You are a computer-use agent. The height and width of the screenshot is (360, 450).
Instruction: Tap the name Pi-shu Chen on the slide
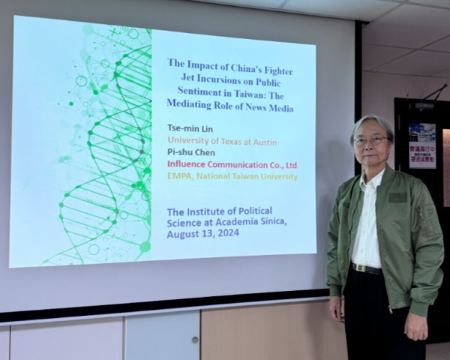(190, 152)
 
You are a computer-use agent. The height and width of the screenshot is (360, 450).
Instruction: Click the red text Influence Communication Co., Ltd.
(232, 164)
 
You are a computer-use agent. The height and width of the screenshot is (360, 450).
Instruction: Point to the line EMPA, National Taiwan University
(232, 176)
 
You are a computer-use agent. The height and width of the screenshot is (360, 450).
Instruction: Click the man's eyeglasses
(372, 141)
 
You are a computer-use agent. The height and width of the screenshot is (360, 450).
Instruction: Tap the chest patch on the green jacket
(397, 197)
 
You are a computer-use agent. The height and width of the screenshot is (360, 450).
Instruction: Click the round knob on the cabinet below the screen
(194, 339)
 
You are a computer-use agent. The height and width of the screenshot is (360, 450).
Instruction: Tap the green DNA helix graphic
(112, 150)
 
